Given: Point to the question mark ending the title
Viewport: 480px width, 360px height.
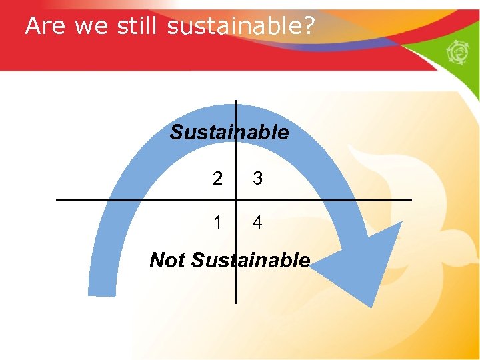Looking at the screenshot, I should coord(309,26).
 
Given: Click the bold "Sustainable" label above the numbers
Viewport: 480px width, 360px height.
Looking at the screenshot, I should coord(229,132).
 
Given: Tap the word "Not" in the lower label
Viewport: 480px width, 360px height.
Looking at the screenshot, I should coord(167,259).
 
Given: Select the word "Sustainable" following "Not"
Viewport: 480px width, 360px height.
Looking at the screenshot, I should coord(251,259).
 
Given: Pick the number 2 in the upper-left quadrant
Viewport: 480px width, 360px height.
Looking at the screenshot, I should coord(217,179).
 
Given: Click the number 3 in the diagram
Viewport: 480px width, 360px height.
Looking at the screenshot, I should coord(257,179).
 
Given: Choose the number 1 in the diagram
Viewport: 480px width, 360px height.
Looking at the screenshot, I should coord(217,223).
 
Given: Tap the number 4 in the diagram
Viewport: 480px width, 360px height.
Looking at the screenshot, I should coord(257,223).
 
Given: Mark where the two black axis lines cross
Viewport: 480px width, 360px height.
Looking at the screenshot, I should coord(236,200).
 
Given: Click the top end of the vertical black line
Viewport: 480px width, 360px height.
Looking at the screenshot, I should coord(236,101).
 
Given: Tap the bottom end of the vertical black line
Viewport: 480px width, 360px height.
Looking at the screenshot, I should coord(236,302).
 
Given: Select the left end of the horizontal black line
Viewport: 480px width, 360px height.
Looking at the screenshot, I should coord(57,200).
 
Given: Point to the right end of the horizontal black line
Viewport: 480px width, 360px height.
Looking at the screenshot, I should coord(411,200).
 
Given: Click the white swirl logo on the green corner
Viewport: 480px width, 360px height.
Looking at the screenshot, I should coord(460,53).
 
